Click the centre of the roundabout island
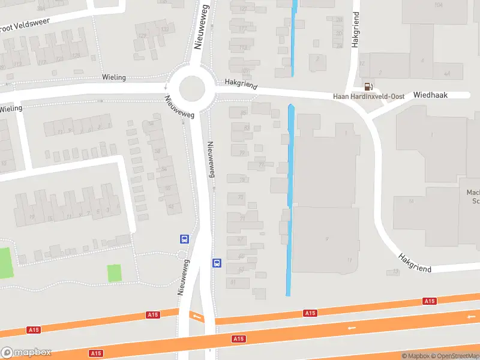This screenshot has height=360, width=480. coord(191,88)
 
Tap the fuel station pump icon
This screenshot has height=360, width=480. coord(367,87)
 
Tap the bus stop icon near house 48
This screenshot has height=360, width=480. coord(184,238)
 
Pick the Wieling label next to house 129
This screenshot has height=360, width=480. coord(113,77)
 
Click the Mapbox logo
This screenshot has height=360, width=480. coord(26,353)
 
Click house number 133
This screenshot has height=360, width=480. coord(164,29)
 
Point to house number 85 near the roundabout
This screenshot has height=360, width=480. coord(243,113)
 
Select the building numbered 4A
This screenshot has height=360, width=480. coord(446,73)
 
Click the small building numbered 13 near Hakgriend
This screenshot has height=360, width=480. coord(395,272)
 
